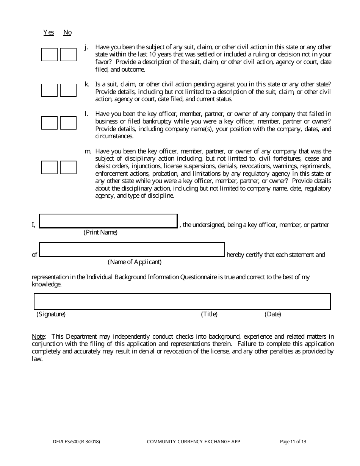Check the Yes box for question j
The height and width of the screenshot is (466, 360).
49,55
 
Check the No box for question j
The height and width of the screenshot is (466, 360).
68,55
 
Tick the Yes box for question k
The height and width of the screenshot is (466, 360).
49,90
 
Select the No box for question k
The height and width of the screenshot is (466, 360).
68,90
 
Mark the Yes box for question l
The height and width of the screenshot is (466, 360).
49,123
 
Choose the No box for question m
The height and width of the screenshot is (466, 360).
68,167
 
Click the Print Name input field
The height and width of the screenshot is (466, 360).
108,221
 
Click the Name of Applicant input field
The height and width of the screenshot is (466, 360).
132,250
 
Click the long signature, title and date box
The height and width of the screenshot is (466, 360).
182,302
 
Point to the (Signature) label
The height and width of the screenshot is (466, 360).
51,314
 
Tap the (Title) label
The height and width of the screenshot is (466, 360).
209,314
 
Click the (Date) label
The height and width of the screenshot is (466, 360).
273,314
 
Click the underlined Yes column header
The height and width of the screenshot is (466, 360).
49,33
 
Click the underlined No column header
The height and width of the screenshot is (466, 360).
67,33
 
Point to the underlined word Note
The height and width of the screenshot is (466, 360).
38,336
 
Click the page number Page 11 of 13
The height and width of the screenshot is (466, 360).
293,441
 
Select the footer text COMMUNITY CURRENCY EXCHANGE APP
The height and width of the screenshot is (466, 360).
193,441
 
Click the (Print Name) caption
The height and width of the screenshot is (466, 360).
100,232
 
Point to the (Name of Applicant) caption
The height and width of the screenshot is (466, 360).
135,262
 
